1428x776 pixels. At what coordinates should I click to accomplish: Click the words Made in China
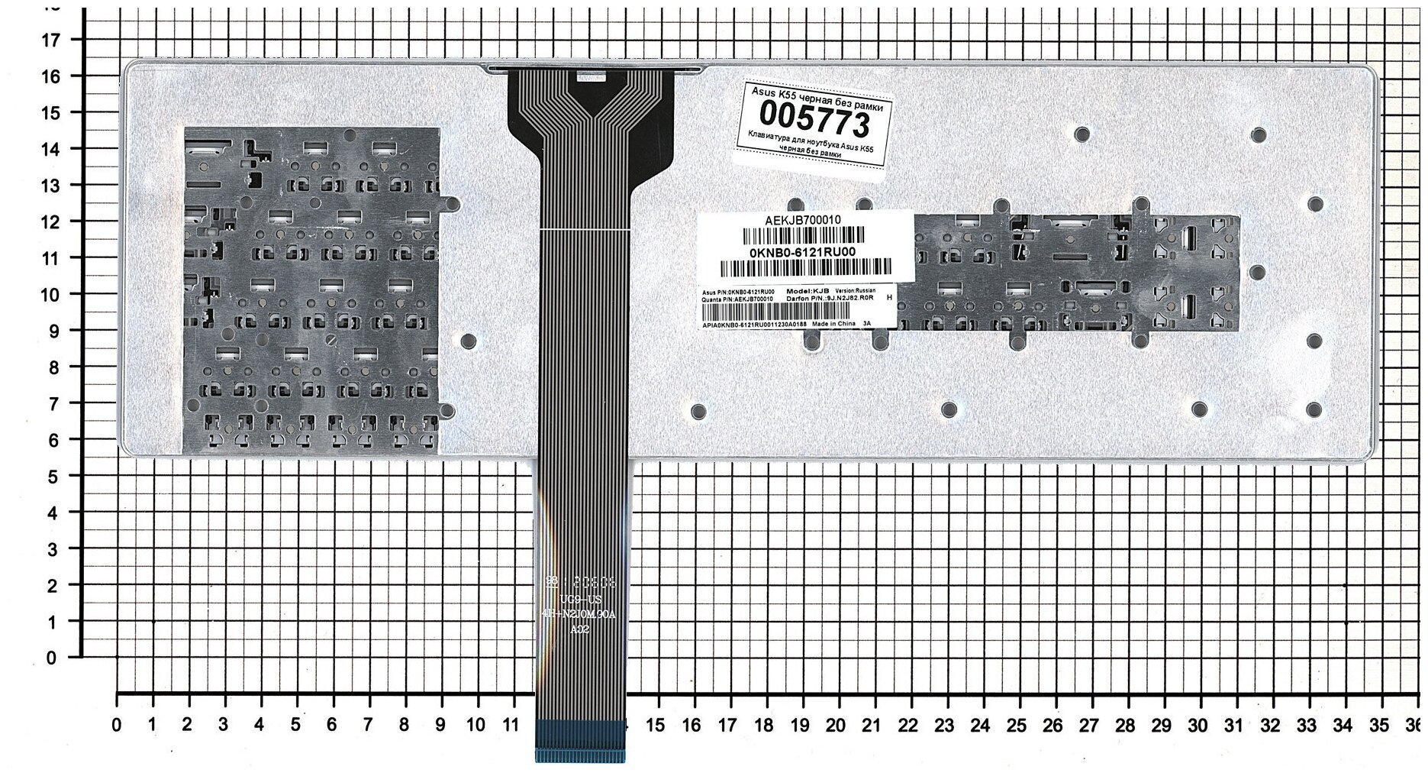click(x=834, y=324)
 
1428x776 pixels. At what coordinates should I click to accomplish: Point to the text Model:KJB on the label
click(x=807, y=292)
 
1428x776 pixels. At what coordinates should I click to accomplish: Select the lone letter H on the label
click(x=888, y=298)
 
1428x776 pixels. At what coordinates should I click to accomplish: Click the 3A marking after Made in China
click(x=866, y=324)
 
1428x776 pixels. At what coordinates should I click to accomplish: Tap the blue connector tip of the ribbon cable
click(x=579, y=740)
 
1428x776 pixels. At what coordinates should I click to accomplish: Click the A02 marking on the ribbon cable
click(x=581, y=629)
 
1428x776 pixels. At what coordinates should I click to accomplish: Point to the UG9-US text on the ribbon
click(x=581, y=600)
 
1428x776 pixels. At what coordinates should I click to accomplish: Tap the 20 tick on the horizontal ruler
click(x=836, y=724)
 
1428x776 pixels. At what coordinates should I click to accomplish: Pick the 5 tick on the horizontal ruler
click(x=295, y=724)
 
